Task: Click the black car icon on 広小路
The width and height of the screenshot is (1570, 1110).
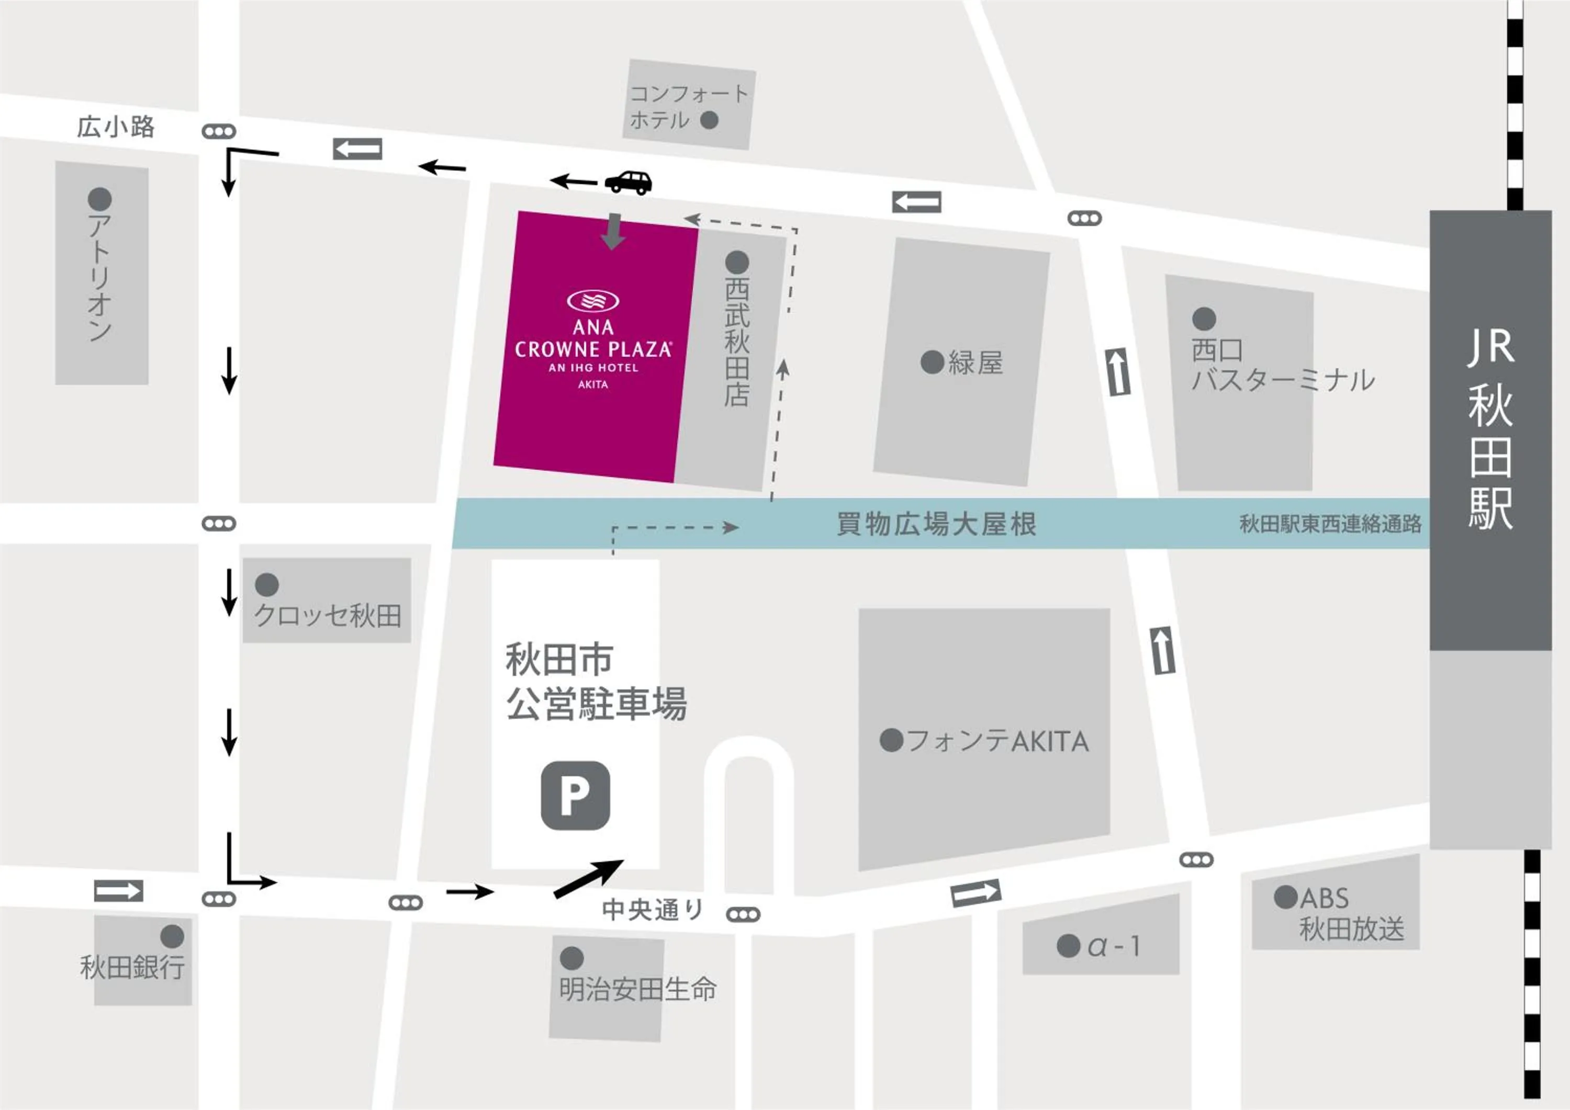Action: click(627, 182)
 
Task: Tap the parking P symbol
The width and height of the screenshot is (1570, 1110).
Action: click(575, 796)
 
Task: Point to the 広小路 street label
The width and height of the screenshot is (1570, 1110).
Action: click(116, 127)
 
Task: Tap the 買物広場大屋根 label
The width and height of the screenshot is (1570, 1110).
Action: click(937, 524)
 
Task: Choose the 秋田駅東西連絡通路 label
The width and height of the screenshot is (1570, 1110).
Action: click(1330, 524)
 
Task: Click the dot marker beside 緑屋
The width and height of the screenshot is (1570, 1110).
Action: click(932, 363)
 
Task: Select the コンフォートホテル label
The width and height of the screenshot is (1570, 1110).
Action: click(688, 107)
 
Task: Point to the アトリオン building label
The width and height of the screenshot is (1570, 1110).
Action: click(100, 277)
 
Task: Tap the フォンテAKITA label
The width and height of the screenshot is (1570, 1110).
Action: click(997, 741)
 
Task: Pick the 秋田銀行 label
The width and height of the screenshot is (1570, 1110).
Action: click(132, 967)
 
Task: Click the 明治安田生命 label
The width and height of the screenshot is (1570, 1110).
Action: click(637, 989)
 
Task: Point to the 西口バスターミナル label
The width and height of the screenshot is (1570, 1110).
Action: click(1282, 366)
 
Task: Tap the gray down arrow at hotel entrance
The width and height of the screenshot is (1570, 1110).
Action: click(613, 232)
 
